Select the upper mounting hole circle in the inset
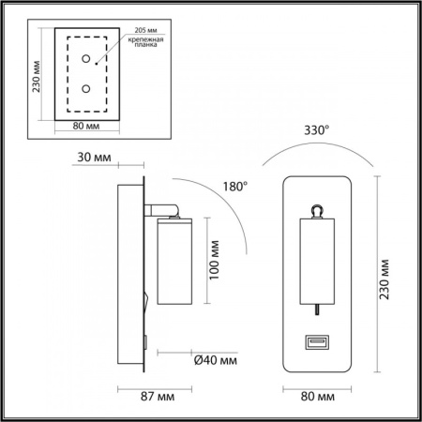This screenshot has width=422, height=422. (86, 59)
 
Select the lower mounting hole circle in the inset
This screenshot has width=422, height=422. (86, 90)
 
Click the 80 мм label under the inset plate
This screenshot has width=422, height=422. (86, 125)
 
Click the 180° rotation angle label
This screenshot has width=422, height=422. (234, 188)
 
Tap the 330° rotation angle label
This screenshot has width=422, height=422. (316, 132)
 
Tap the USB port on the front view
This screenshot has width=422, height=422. (315, 344)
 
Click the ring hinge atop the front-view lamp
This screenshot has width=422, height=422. (316, 212)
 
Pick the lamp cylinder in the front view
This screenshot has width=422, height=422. (316, 264)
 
